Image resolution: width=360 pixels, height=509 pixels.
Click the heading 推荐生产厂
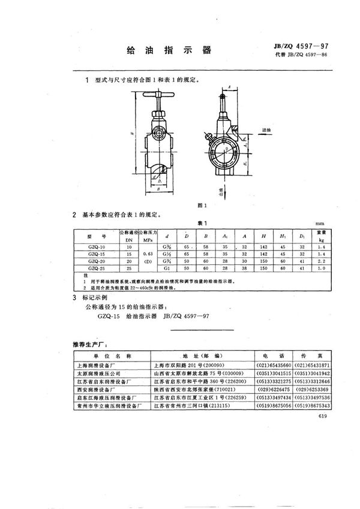point(90,345)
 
